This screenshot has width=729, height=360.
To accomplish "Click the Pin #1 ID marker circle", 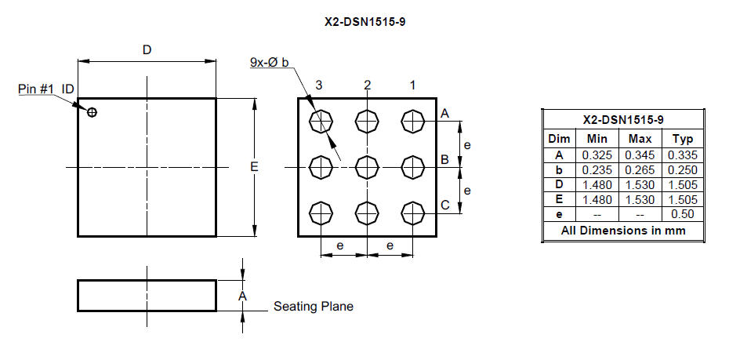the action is click(92, 112).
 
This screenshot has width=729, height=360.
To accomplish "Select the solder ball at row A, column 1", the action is click(413, 122).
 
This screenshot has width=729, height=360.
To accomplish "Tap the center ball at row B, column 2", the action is click(368, 167).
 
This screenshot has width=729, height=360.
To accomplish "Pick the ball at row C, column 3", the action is click(321, 213).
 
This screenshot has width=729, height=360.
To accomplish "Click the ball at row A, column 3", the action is click(321, 122).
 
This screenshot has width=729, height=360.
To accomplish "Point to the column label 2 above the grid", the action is click(368, 85).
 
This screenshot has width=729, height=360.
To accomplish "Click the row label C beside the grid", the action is click(445, 205).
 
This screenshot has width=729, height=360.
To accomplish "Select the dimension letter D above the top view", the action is click(147, 49).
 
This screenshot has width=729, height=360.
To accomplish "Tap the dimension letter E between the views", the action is click(254, 167).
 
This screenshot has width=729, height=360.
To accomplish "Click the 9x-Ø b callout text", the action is click(270, 62).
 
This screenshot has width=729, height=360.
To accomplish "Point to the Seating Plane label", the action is click(314, 307).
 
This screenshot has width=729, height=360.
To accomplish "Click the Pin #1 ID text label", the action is click(46, 89).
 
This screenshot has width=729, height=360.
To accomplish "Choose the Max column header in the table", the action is click(640, 139).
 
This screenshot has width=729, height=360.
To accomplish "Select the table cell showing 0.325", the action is click(597, 155).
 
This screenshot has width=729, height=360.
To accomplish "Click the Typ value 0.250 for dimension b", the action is click(683, 169).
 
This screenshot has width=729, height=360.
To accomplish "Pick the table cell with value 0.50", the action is click(683, 214).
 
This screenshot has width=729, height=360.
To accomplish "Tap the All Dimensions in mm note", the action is click(623, 231).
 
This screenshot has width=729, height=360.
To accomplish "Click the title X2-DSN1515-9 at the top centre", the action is click(364, 22).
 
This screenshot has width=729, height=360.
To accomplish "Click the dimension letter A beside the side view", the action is click(242, 296).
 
